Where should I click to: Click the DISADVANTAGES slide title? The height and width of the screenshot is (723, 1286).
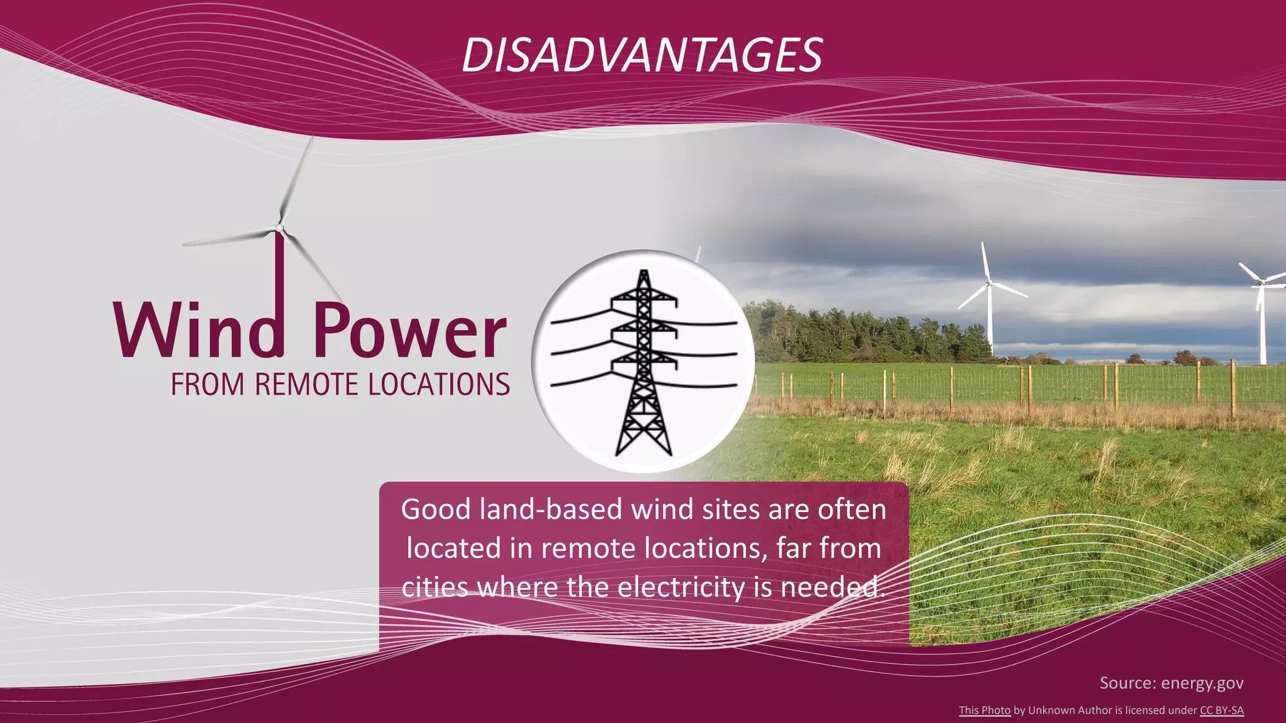(642, 55)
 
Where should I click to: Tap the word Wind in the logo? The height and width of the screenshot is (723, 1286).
(198, 330)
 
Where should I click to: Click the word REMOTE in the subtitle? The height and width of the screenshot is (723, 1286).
(306, 385)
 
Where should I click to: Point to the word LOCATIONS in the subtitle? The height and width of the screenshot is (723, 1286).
(439, 385)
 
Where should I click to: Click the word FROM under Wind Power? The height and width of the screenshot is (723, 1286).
(207, 385)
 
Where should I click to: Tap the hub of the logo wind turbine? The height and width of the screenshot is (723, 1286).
(279, 228)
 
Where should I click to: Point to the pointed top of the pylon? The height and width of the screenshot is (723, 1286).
(643, 273)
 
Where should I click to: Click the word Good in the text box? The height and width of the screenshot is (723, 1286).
(436, 509)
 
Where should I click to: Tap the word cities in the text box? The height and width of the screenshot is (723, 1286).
(435, 587)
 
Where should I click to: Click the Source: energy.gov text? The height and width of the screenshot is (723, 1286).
(1171, 683)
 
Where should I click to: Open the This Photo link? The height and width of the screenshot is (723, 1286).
(984, 710)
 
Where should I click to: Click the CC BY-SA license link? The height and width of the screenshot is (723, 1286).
(1221, 710)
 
